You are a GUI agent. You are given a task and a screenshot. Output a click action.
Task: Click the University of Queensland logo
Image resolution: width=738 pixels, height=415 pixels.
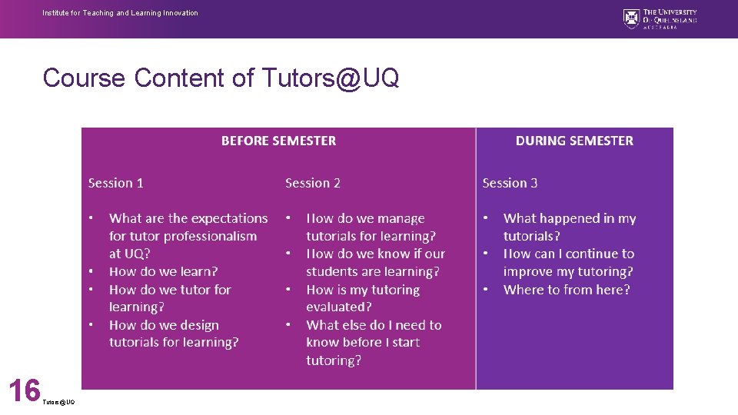coord(660,18)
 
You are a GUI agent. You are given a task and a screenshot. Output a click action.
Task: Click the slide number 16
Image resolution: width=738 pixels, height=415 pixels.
coord(24,390)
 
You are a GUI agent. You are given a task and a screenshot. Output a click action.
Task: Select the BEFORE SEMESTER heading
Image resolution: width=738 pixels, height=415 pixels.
coord(278,141)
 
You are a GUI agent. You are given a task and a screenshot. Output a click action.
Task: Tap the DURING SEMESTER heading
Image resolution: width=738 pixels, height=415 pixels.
coord(574,141)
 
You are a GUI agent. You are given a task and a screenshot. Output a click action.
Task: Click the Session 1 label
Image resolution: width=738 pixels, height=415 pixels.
coord(116,183)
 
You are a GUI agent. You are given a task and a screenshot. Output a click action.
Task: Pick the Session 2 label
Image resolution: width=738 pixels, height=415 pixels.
coord(313,183)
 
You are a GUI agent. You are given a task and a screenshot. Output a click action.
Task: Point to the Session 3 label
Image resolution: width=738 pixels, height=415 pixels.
coord(510,183)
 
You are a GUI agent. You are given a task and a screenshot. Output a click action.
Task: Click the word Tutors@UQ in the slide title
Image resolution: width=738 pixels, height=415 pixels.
coord(330,78)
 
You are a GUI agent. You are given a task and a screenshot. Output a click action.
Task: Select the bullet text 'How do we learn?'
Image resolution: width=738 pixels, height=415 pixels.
coord(164,271)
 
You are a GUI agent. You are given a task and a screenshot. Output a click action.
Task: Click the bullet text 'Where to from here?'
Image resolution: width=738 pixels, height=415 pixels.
coord(567,290)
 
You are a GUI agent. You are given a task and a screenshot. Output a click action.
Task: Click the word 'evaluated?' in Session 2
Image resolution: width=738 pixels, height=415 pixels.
coord(339,307)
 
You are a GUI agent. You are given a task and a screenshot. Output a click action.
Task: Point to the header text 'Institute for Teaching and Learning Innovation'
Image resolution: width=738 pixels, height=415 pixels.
coord(120,13)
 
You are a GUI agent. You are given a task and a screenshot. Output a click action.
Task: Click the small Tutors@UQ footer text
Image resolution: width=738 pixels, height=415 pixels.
coord(59,402)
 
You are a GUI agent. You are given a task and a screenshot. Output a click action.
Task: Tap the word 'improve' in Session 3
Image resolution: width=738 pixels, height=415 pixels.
coord(527,271)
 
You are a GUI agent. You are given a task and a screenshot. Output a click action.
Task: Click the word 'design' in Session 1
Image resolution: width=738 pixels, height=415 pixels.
coord(200,325)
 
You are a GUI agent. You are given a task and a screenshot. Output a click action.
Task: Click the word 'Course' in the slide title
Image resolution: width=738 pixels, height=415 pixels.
coord(84,78)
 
